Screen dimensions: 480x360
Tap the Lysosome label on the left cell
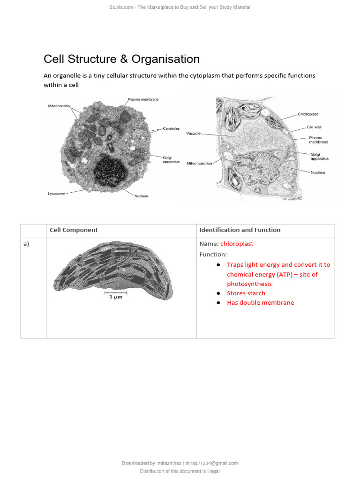57,193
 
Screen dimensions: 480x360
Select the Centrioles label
171,128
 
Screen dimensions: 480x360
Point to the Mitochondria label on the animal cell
59,106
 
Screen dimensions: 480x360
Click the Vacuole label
193,133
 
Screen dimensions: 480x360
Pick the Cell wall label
314,127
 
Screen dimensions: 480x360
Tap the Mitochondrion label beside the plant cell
199,163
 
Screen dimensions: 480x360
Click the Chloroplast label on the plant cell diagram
307,114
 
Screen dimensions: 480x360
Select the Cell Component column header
74,230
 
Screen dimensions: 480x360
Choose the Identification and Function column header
240,230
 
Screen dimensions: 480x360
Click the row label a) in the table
26,244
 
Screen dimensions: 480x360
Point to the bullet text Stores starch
246,293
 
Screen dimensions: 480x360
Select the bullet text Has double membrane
261,303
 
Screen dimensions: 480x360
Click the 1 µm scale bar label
115,297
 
